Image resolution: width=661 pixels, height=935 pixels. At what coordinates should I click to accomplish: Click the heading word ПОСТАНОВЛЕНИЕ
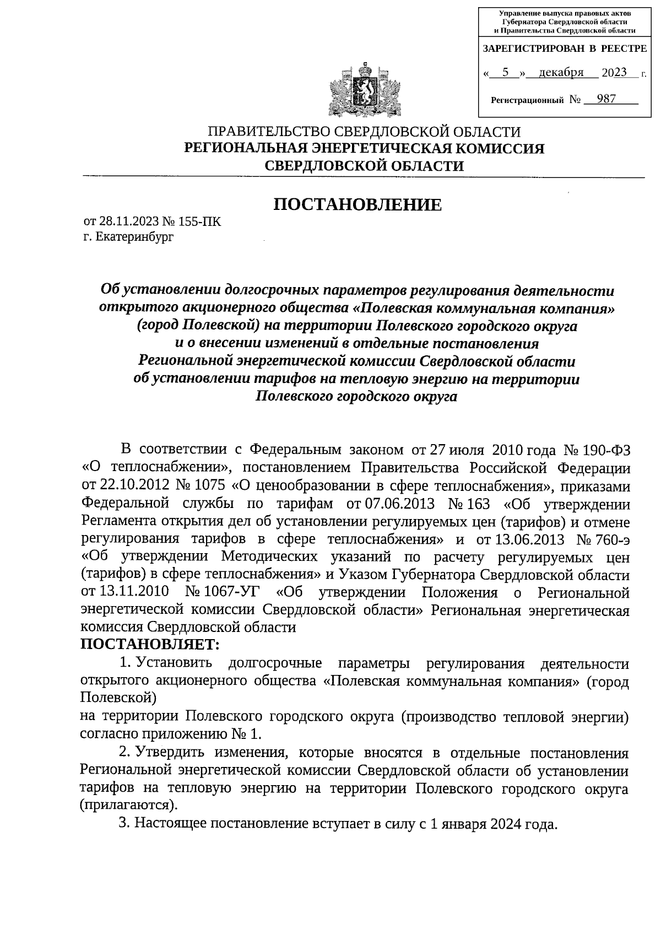coord(358,205)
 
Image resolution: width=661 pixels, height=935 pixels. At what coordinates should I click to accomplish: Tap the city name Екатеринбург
coord(134,237)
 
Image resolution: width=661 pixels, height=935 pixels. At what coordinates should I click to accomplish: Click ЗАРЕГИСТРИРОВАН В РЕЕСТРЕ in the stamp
coord(565,49)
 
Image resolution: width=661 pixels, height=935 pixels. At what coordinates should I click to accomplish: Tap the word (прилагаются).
coord(129,805)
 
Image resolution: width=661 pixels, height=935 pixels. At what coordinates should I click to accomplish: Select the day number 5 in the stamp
coord(505,72)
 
